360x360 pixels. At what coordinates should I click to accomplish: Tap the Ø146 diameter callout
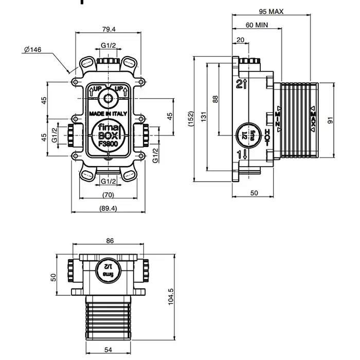click(x=32, y=49)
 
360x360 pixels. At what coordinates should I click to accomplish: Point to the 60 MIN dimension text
click(x=257, y=25)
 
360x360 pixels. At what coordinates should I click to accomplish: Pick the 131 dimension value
click(x=204, y=117)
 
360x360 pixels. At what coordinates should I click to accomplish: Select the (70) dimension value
click(x=108, y=194)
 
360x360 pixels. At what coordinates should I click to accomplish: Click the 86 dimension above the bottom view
click(x=110, y=241)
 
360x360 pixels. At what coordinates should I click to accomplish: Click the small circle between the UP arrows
click(x=108, y=98)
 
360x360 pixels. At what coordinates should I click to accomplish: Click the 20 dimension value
click(x=240, y=40)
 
